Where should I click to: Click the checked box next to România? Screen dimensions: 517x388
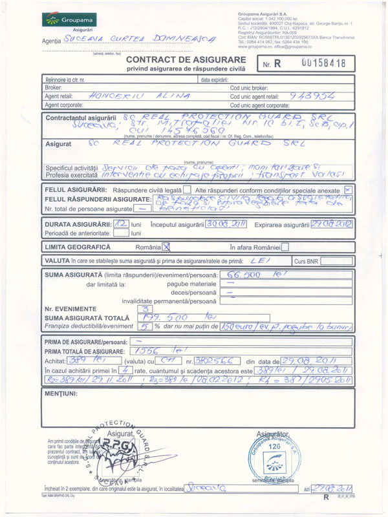[x=167, y=247]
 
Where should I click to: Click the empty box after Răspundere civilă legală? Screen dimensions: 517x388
[x=186, y=190]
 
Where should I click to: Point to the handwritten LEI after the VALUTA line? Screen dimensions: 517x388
[x=266, y=260]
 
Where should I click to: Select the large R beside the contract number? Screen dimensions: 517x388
[x=277, y=64]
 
